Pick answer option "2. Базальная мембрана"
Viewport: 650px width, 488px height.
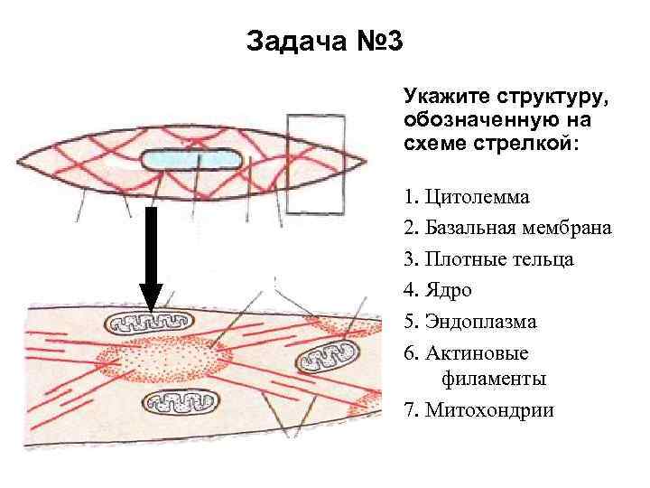(507, 228)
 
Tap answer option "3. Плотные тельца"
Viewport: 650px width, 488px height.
(488, 258)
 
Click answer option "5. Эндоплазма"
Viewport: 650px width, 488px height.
(469, 321)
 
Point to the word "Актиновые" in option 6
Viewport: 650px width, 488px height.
(488, 352)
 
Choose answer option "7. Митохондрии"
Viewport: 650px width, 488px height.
(478, 410)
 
